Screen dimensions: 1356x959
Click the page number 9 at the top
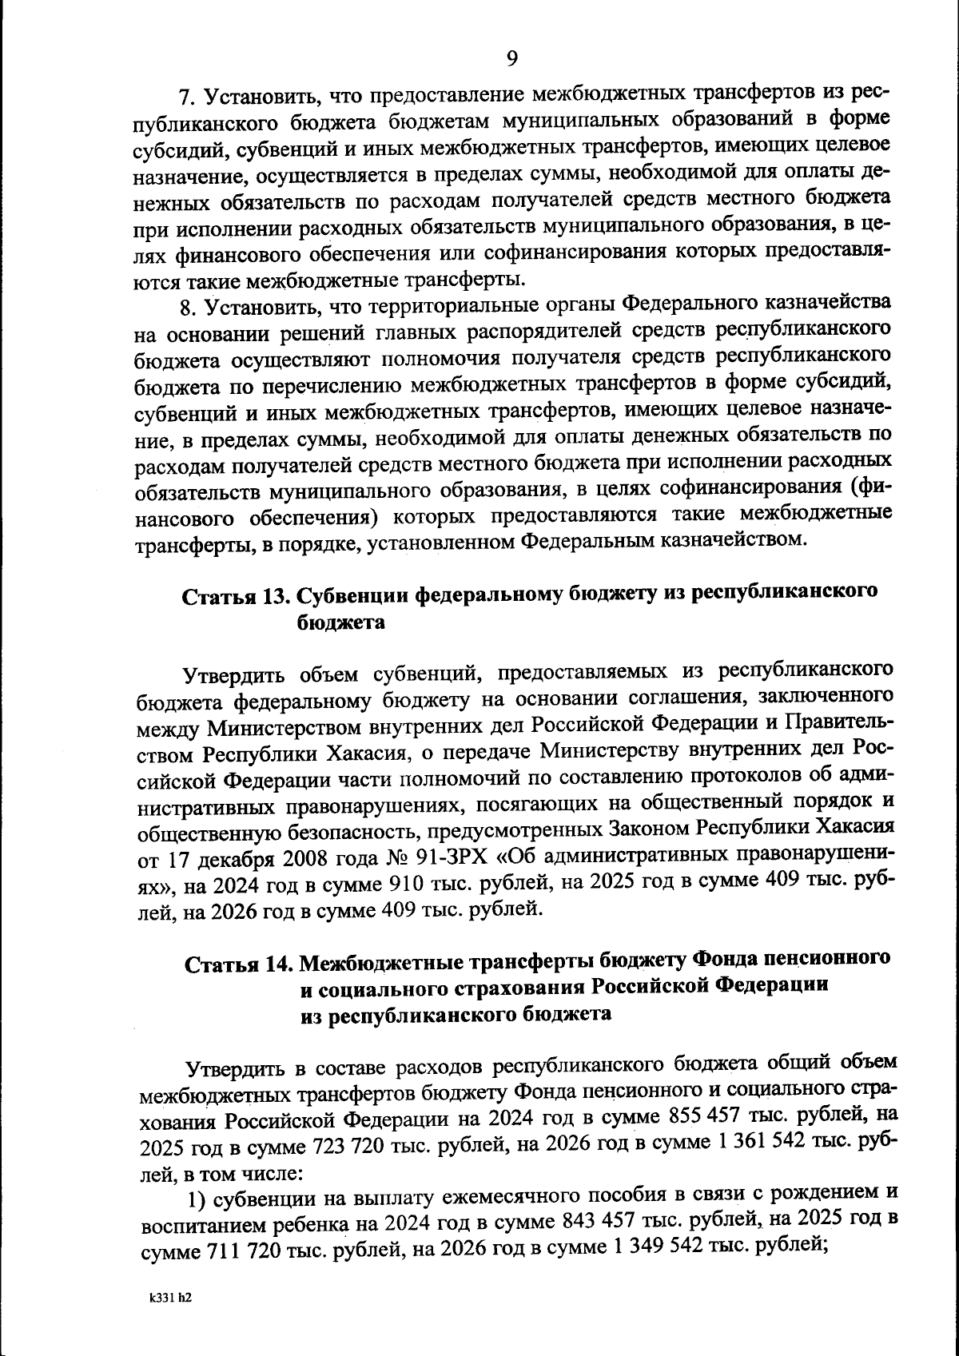(511, 58)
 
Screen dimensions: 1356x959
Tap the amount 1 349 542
(651, 1249)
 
